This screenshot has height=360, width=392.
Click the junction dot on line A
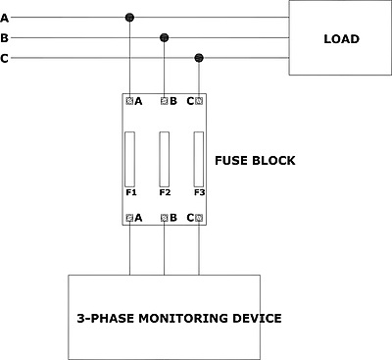pyautogui.click(x=129, y=18)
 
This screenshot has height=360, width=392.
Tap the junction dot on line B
pyautogui.click(x=164, y=38)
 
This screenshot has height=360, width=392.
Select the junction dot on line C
pyautogui.click(x=199, y=58)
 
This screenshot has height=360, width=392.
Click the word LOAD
pyautogui.click(x=341, y=39)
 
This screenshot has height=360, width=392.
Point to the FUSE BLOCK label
pyautogui.click(x=255, y=161)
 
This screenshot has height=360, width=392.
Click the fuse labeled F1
pyautogui.click(x=130, y=159)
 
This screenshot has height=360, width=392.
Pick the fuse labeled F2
pyautogui.click(x=165, y=159)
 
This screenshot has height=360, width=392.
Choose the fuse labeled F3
pyautogui.click(x=199, y=159)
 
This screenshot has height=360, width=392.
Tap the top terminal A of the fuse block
pyautogui.click(x=129, y=101)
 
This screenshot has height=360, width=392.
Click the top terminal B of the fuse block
pyautogui.click(x=164, y=101)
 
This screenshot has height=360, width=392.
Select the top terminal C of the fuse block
pyautogui.click(x=199, y=101)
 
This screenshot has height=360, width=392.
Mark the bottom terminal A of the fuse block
pyautogui.click(x=129, y=218)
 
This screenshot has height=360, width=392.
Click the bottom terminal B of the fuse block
pyautogui.click(x=164, y=218)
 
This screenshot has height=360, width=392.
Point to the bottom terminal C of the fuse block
pyautogui.click(x=199, y=218)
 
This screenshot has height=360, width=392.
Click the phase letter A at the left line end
pyautogui.click(x=4, y=18)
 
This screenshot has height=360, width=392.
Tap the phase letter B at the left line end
pyautogui.click(x=4, y=38)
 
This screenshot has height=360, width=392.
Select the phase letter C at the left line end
pyautogui.click(x=4, y=59)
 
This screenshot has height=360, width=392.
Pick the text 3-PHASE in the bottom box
pyautogui.click(x=106, y=319)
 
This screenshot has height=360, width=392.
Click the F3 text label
pyautogui.click(x=199, y=192)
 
